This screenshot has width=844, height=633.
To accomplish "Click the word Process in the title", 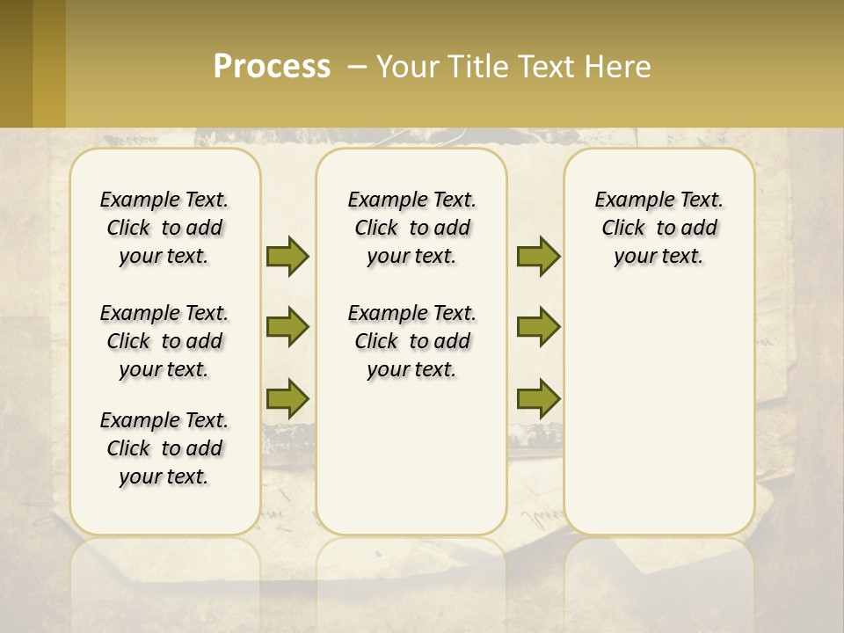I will (x=272, y=67).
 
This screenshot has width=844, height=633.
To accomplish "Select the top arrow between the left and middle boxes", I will (x=287, y=256).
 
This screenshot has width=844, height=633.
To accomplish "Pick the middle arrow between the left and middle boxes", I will (x=287, y=327).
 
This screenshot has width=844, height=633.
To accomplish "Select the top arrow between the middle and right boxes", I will (x=538, y=256).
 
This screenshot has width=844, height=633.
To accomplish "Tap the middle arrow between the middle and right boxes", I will (x=538, y=327).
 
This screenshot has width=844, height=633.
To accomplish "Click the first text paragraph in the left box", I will (x=164, y=228).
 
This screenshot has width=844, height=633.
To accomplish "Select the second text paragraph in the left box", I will (x=164, y=341).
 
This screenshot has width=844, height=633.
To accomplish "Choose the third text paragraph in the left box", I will (x=164, y=448).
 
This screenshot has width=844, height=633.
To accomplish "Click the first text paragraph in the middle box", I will (x=411, y=228).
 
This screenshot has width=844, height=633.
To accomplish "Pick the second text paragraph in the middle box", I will (x=411, y=341).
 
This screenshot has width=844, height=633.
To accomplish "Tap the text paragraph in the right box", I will (x=658, y=228).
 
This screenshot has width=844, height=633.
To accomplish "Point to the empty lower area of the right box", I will (x=658, y=413).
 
